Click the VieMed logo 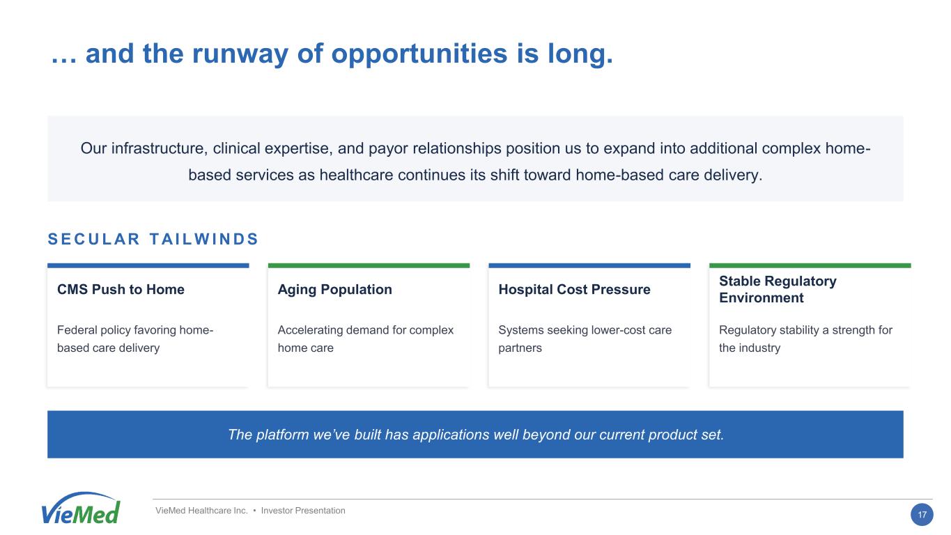(x=81, y=509)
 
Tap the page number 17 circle (x=922, y=515)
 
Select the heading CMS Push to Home (x=121, y=289)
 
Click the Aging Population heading (x=334, y=290)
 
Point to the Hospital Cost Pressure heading (x=574, y=289)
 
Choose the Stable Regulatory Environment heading (x=778, y=289)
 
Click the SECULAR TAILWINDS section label (x=153, y=239)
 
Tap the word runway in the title (x=240, y=54)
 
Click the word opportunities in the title (x=419, y=54)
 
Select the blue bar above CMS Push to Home (x=148, y=265)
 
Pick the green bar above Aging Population (x=369, y=265)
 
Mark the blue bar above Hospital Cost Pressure (x=589, y=265)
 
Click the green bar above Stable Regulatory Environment (x=810, y=265)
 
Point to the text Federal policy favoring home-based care (x=135, y=339)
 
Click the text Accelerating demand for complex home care (x=366, y=339)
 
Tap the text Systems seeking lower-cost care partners (x=585, y=339)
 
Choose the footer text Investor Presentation (x=302, y=511)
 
